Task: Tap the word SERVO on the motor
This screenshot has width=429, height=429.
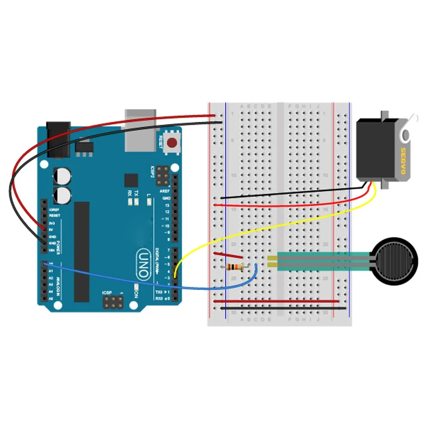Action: click(403, 161)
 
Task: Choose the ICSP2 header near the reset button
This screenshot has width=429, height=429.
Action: click(163, 174)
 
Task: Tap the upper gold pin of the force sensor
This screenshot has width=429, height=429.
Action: click(272, 258)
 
